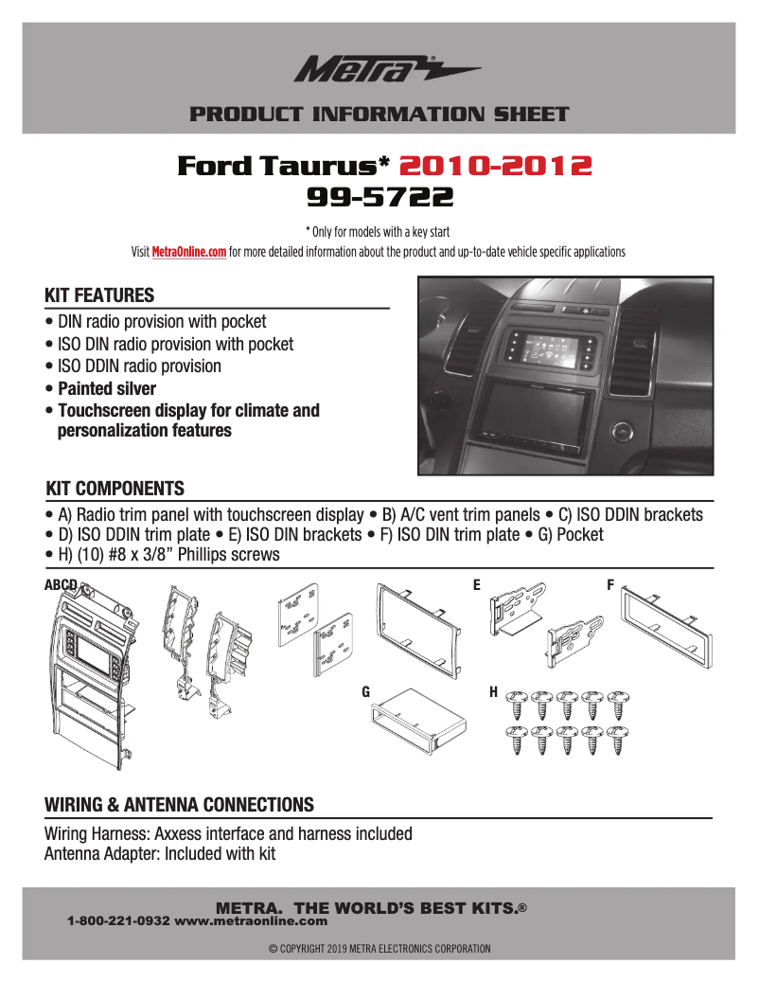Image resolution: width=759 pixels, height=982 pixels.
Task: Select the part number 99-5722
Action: (x=379, y=197)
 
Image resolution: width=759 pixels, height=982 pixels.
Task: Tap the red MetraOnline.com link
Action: (x=189, y=253)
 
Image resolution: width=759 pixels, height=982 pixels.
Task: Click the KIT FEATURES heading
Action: (x=99, y=295)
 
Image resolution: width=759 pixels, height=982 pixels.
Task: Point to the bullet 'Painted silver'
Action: (x=106, y=388)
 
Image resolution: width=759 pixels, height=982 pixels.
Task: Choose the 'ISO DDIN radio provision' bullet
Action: (x=139, y=366)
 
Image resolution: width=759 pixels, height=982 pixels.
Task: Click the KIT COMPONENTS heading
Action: (x=115, y=489)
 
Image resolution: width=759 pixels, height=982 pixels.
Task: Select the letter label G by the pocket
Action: (x=365, y=692)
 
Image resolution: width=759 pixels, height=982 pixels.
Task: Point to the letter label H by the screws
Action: (x=493, y=692)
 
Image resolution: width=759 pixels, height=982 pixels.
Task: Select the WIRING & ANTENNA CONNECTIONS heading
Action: (x=179, y=805)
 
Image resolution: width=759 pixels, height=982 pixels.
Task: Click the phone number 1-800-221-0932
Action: (x=118, y=920)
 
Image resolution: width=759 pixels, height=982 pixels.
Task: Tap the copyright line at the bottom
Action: (x=379, y=948)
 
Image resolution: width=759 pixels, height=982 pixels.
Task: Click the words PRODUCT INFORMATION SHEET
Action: (x=379, y=115)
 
